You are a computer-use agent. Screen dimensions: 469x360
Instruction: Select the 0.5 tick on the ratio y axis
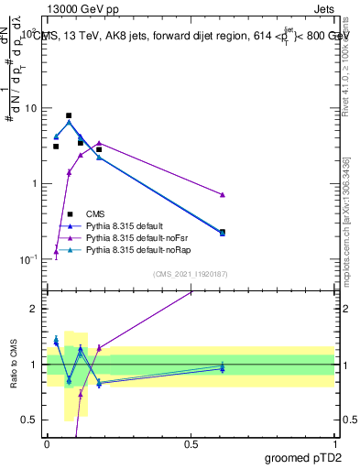click(x=32, y=420)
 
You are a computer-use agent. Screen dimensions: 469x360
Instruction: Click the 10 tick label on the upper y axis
click(x=32, y=108)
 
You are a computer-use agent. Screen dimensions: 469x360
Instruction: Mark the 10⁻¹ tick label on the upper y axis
click(x=30, y=259)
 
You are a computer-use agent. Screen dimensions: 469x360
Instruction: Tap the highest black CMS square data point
click(x=69, y=116)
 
